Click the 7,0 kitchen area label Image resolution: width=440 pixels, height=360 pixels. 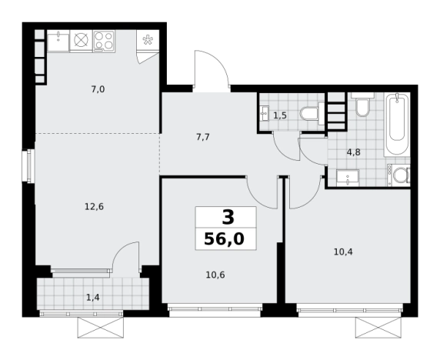98,89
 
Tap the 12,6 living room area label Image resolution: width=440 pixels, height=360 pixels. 95,207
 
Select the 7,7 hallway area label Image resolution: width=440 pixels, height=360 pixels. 203,138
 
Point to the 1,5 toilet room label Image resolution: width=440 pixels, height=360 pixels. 280,115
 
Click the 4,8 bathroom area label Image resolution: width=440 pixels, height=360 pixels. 354,152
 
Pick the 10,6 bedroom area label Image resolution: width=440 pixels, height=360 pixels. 215,275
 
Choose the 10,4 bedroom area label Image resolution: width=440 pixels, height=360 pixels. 343,252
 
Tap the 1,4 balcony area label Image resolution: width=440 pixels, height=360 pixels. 93,298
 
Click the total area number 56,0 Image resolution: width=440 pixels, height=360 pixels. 224,239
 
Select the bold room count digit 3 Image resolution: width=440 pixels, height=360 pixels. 228,218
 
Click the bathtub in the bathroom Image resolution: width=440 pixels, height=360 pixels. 397,125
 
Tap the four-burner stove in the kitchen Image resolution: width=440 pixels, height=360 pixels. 104,41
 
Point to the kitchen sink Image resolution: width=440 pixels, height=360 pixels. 58,42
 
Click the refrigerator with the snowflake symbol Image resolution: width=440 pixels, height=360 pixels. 148,40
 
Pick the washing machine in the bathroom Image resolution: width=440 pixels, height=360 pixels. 398,175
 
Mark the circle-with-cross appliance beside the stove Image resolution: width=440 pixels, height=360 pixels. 81,41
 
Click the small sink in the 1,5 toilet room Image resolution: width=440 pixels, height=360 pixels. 265,113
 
